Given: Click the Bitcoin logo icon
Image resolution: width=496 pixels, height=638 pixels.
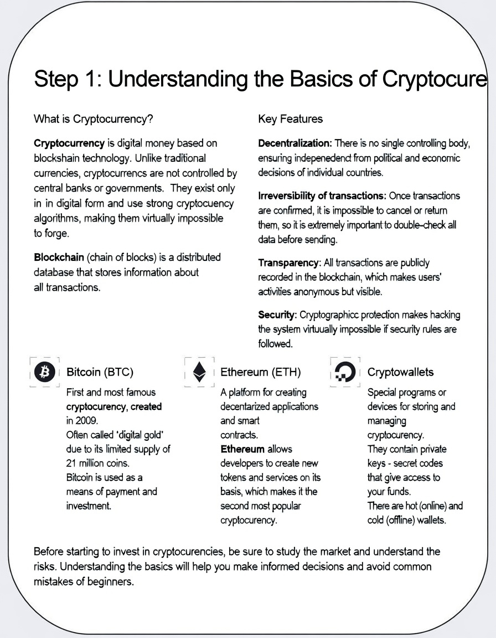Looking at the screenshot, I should [x=44, y=372].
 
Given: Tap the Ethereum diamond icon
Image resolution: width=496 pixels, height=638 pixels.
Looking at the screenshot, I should [x=199, y=372].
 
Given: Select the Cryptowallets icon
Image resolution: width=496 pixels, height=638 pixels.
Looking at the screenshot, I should [x=346, y=372].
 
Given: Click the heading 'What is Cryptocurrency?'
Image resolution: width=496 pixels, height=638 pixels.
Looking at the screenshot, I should [x=94, y=119].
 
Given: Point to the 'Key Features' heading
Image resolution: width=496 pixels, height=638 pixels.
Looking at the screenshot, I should [x=290, y=119].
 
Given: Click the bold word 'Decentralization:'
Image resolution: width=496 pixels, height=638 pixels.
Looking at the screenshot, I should [x=295, y=143].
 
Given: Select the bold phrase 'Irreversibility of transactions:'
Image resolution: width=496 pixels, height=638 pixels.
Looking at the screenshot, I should [x=322, y=195].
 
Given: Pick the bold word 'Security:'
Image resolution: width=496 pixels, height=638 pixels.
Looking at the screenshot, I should [x=277, y=315].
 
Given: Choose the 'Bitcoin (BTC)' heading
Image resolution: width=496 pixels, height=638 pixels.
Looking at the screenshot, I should [x=100, y=372].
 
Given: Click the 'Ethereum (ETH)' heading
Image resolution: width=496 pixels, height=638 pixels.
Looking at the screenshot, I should [x=260, y=372].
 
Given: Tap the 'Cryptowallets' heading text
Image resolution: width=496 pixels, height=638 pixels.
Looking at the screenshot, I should [x=400, y=372].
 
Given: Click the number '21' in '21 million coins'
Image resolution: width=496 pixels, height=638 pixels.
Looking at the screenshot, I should [x=71, y=463].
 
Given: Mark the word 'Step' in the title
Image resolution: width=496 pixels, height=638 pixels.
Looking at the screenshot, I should [x=54, y=79].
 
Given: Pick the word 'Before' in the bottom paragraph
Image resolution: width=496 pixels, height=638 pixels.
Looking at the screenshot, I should [x=49, y=552].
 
